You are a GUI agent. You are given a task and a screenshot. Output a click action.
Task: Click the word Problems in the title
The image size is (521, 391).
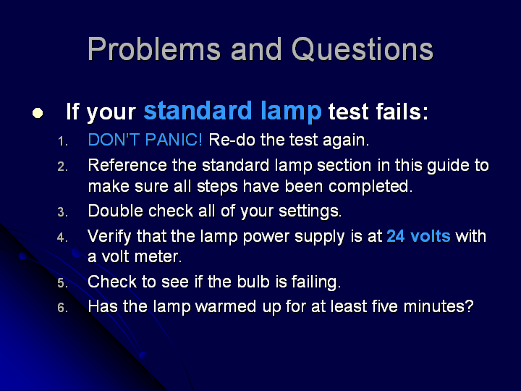coord(154,49)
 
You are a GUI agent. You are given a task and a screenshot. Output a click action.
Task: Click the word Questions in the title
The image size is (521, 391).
coord(363,49)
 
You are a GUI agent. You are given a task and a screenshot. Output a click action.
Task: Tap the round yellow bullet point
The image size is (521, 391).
coord(38,113)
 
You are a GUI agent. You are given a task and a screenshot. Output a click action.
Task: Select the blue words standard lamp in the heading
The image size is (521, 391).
coord(232,112)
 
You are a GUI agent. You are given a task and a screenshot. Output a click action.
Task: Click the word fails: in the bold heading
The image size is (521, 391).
coord(402,111)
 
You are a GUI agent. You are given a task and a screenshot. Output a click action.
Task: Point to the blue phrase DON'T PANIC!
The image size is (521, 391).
coord(145,140)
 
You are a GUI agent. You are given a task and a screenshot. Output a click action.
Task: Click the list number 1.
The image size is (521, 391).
coord(62,142)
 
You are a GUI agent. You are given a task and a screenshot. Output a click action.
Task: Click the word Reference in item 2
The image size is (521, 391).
coord(127,165)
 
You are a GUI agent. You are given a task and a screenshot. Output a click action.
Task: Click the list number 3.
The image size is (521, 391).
coord(62,212)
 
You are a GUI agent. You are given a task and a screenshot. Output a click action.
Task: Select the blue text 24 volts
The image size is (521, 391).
coord(419,236)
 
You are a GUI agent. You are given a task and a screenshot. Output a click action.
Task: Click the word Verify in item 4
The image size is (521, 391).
coord(110,237)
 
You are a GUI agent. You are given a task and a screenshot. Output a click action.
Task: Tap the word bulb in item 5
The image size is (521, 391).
coord(253,282)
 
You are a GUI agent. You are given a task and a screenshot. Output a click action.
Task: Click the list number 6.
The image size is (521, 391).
coord(62,308)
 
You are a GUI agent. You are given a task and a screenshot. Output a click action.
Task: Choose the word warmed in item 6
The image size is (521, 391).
coord(226,306)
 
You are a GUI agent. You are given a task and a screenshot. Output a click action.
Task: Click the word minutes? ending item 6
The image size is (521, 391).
coord(439,306)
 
